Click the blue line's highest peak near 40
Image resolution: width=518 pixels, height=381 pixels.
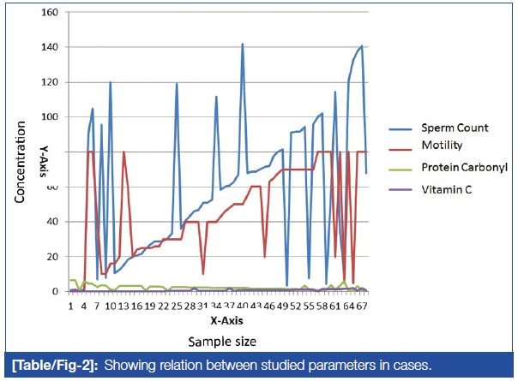point(243,44)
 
